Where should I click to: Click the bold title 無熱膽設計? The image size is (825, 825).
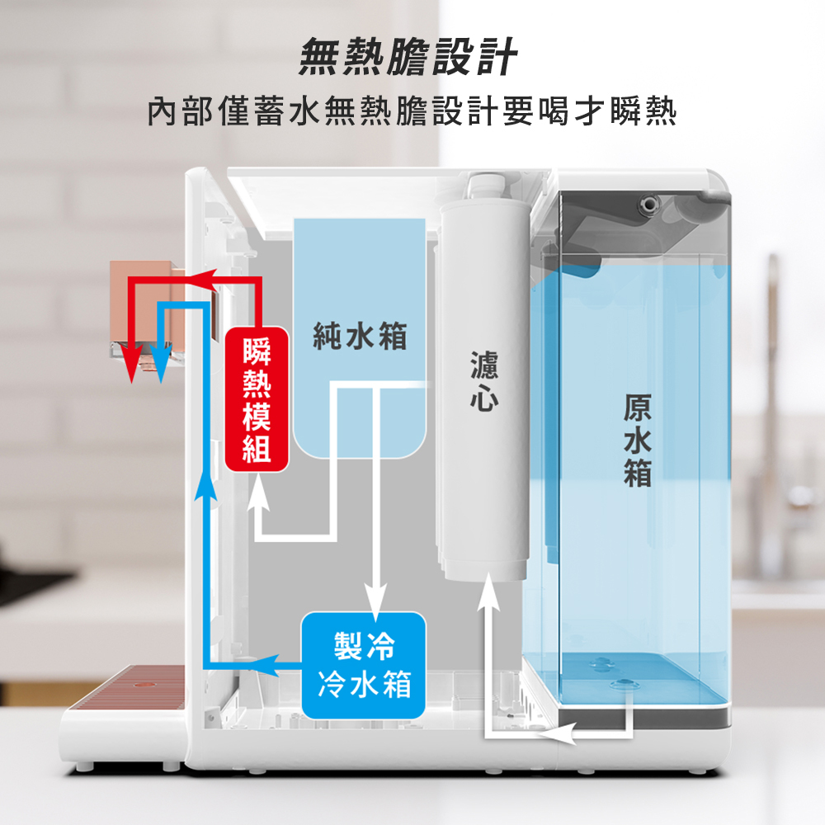pos(408,57)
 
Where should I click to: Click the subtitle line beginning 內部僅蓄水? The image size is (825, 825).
pos(412,111)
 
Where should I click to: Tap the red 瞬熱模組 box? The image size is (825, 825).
pos(257,399)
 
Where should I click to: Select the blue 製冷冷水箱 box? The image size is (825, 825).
pos(363,665)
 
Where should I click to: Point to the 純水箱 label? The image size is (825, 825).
pos(360,337)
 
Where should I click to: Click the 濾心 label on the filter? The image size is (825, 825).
pos(484,381)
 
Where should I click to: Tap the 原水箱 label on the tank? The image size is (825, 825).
pos(637,441)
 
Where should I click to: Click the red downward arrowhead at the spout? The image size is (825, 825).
pos(133,364)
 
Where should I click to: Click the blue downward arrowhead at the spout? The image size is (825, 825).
pos(159,364)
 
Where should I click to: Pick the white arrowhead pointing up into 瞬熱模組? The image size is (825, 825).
pos(257,493)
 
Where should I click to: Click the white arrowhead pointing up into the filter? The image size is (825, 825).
pos(488,592)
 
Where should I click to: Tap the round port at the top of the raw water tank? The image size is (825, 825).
pos(649,204)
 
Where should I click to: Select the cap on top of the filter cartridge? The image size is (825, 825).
pos(487,186)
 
